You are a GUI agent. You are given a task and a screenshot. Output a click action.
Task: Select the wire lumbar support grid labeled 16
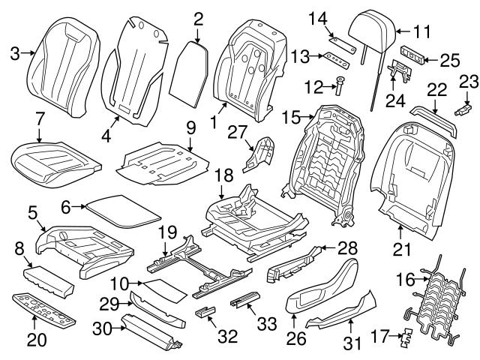click(x=434, y=304)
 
